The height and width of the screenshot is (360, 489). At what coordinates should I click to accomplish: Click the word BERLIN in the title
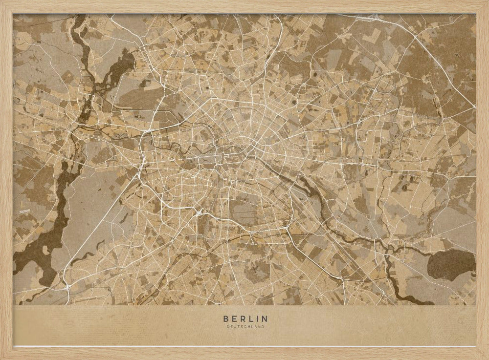245,318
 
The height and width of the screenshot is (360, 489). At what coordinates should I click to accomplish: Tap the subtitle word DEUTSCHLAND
245,326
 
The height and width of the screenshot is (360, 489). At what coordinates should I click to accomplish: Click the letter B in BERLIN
226,318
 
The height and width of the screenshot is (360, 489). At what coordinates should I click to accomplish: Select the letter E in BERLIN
234,318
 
